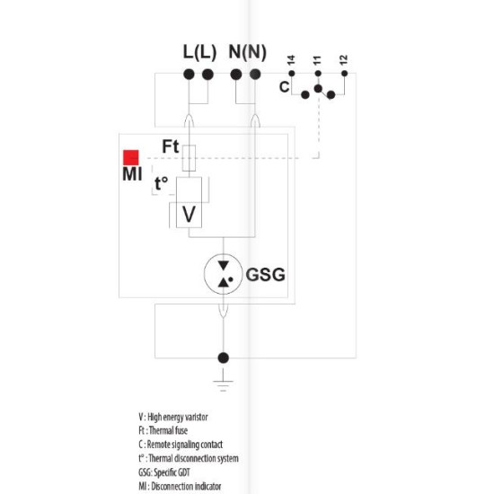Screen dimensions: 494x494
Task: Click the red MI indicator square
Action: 131,157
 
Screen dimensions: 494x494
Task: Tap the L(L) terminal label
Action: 199,52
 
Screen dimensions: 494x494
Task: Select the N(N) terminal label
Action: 248,52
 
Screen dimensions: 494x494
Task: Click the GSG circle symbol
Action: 224,274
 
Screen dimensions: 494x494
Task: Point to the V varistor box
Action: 189,215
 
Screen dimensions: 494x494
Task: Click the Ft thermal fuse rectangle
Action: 189,158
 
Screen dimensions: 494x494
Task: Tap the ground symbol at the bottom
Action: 223,381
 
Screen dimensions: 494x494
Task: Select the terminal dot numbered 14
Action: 292,74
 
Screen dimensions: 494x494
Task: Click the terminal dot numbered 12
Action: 344,74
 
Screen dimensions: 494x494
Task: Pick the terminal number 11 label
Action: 317,60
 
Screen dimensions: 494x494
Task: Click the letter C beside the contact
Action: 284,86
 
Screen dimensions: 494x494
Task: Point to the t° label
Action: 162,183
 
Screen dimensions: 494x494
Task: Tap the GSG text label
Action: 266,275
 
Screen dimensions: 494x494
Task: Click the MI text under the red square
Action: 132,174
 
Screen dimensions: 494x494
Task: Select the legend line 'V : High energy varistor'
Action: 173,417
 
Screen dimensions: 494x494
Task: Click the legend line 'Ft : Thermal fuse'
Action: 163,430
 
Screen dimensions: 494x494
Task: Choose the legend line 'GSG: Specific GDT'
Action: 164,472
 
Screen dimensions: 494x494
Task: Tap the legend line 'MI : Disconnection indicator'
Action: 180,487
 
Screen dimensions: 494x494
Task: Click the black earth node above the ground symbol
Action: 224,357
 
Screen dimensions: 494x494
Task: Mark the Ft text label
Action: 171,146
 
